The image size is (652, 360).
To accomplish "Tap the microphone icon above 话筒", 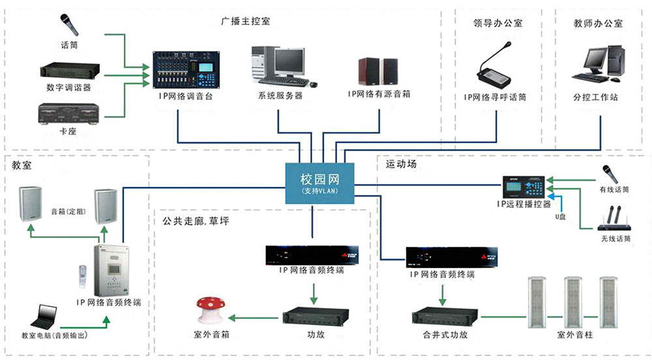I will (68, 24).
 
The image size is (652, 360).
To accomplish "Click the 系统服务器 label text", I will (280, 95).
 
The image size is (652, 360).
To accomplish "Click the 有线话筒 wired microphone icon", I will (610, 173).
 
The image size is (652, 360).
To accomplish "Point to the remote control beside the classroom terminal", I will (81, 277).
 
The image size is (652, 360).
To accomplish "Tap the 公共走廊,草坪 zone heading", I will (196, 220).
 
